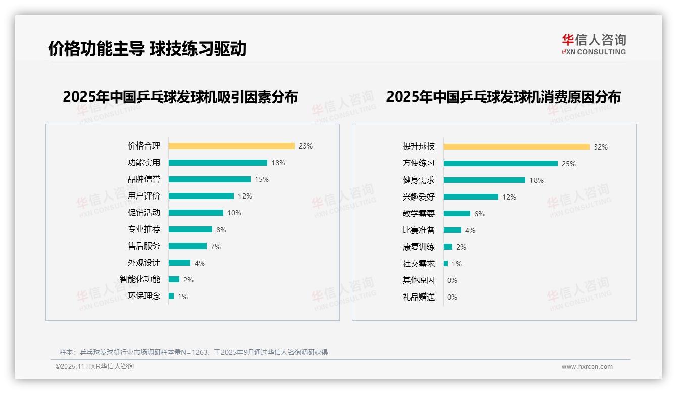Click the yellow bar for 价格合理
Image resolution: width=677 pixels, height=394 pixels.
click(231, 146)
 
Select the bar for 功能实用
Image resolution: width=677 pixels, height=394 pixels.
click(218, 163)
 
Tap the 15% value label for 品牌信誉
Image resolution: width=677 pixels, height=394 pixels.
click(262, 179)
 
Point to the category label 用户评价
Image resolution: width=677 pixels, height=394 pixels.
click(143, 196)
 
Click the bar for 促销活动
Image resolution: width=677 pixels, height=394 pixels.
click(196, 213)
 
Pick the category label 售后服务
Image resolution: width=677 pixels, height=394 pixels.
click(143, 246)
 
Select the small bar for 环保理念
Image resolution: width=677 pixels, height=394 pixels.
click(171, 296)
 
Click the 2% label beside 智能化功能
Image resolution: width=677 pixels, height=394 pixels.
click(188, 280)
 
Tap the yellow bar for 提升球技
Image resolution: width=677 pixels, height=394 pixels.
click(516, 147)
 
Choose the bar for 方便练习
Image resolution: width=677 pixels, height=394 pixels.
click(501, 164)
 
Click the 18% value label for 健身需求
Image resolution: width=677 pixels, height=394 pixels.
click(537, 180)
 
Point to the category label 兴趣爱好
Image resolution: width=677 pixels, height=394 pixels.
click(418, 197)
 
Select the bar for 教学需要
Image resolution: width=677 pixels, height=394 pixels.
click(457, 214)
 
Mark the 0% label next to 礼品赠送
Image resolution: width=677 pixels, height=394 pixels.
click(452, 297)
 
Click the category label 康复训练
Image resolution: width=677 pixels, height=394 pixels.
click(418, 247)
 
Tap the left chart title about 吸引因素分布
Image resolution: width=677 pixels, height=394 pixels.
click(180, 96)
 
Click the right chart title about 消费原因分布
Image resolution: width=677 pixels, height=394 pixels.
click(503, 96)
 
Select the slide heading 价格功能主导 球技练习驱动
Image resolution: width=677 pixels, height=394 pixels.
click(147, 48)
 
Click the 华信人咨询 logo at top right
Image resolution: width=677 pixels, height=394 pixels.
click(594, 44)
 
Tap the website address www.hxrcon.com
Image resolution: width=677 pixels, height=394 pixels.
click(587, 367)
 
